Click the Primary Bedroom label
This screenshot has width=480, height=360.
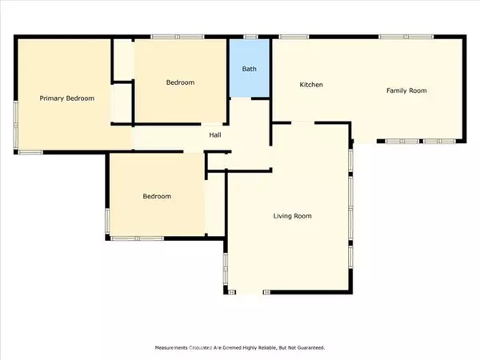pyautogui.click(x=66, y=98)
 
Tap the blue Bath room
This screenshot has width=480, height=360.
pyautogui.click(x=249, y=68)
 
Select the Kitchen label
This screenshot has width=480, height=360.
pyautogui.click(x=311, y=85)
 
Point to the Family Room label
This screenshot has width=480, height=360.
pyautogui.click(x=406, y=90)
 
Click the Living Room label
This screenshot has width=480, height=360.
pyautogui.click(x=292, y=216)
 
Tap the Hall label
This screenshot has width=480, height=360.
pyautogui.click(x=215, y=135)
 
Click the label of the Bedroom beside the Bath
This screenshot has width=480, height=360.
pyautogui.click(x=180, y=82)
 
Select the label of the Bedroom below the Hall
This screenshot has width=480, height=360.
pyautogui.click(x=157, y=196)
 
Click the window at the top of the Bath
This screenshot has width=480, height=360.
pyautogui.click(x=250, y=37)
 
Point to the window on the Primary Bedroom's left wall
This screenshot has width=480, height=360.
pyautogui.click(x=16, y=126)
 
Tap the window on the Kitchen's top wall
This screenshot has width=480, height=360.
pyautogui.click(x=294, y=37)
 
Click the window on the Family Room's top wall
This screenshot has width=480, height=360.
pyautogui.click(x=406, y=37)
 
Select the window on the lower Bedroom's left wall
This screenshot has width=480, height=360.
pyautogui.click(x=107, y=222)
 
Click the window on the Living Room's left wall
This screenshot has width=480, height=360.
pyautogui.click(x=226, y=269)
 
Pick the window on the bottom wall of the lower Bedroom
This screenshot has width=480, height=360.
pyautogui.click(x=137, y=238)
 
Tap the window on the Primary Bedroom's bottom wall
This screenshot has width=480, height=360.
pyautogui.click(x=30, y=152)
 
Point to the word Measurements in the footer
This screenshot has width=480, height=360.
pyautogui.click(x=171, y=348)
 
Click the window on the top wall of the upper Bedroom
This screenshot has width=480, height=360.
pyautogui.click(x=178, y=37)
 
